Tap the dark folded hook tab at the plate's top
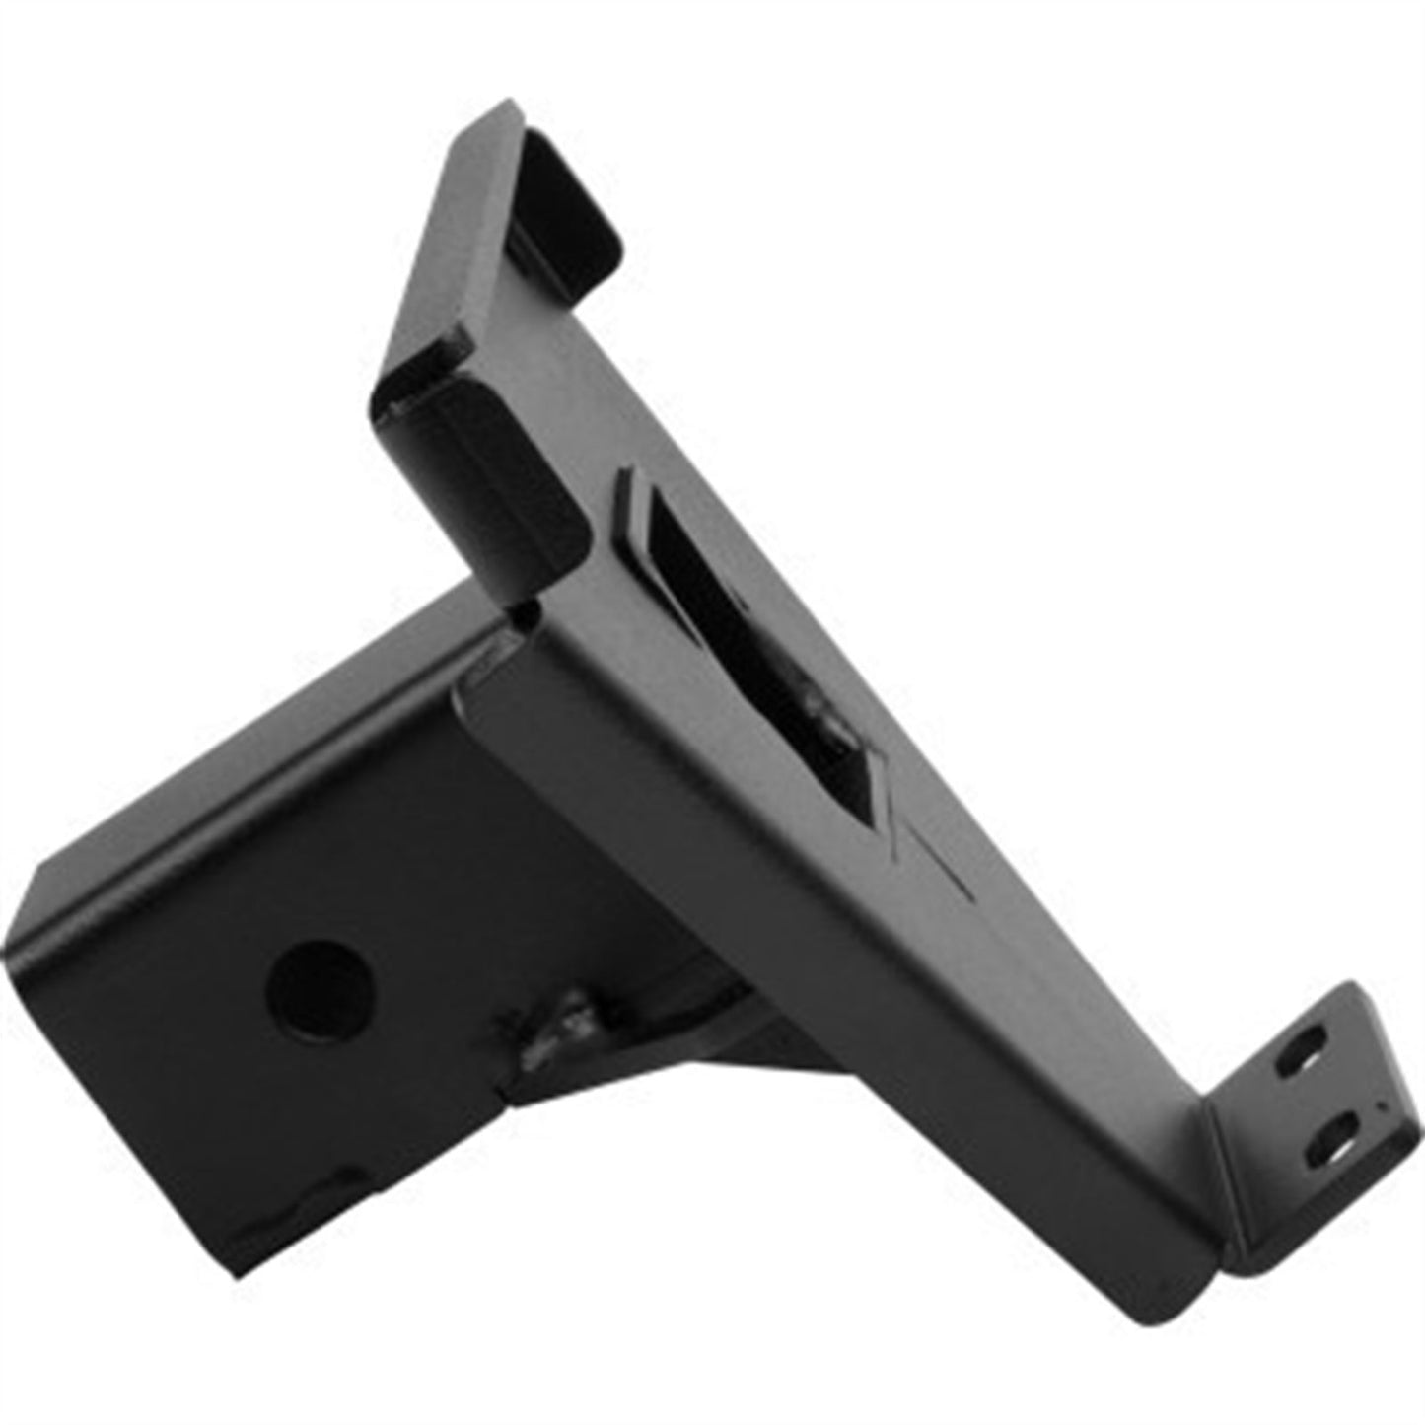coord(562,197)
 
